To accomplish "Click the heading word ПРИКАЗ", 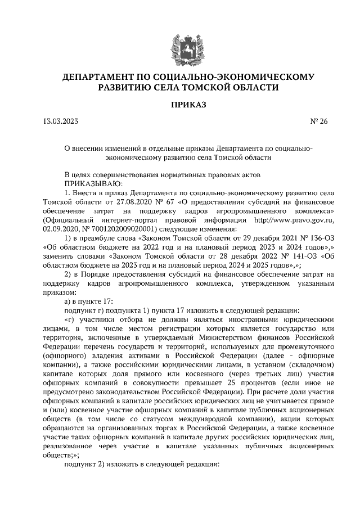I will click(x=180, y=105).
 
